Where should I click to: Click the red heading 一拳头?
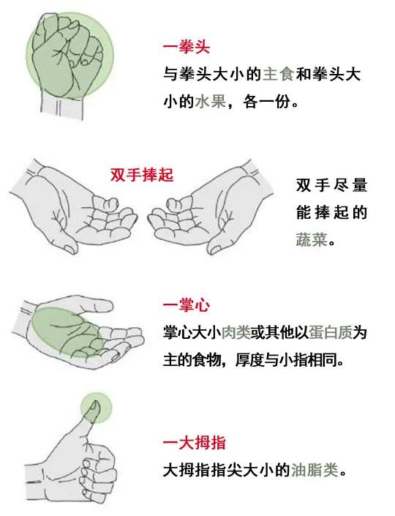tap(187, 48)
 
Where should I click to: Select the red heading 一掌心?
tap(187, 305)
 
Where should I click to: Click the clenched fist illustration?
tap(73, 55)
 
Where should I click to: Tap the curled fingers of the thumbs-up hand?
tap(99, 468)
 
